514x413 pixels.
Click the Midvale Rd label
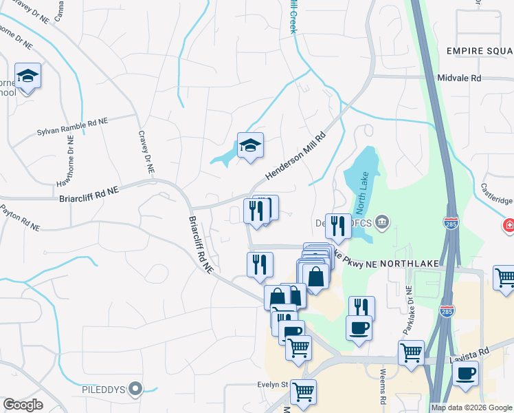pos(460,78)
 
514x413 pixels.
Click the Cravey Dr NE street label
pos(146,152)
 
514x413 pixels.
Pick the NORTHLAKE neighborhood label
pos(408,253)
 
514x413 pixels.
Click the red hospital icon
pos(509,226)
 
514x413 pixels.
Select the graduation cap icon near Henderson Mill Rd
pos(250,145)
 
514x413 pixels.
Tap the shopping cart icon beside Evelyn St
pos(303,392)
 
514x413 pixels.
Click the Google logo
pos(23,405)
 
